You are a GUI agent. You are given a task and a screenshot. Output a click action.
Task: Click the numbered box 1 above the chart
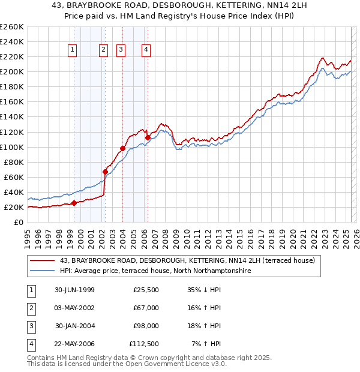73,50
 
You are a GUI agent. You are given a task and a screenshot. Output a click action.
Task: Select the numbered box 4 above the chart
146,50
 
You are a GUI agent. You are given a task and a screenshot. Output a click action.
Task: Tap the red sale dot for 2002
105,172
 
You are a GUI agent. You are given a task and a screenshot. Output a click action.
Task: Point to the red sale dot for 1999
74,203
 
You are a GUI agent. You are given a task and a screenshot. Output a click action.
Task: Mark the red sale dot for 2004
122,148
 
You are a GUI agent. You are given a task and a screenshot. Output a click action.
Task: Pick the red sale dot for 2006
148,137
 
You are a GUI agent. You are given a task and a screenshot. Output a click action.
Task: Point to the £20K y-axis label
14,208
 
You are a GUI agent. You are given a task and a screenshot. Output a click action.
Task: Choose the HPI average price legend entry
155,271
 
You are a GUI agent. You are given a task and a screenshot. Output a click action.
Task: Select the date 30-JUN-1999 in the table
74,290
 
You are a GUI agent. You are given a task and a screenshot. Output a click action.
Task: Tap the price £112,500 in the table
144,344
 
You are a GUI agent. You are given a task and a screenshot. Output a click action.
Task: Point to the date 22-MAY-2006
74,344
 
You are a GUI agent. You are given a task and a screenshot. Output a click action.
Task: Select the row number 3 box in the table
31,326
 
